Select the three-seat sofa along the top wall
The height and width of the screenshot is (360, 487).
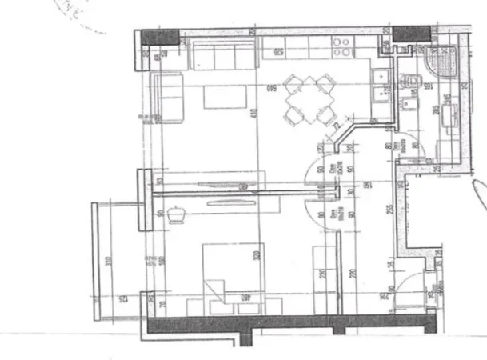point(222,56)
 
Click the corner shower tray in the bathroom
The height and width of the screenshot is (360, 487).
point(441,62)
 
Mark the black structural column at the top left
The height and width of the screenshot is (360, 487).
point(160,35)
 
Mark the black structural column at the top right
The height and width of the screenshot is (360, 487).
point(413,34)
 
